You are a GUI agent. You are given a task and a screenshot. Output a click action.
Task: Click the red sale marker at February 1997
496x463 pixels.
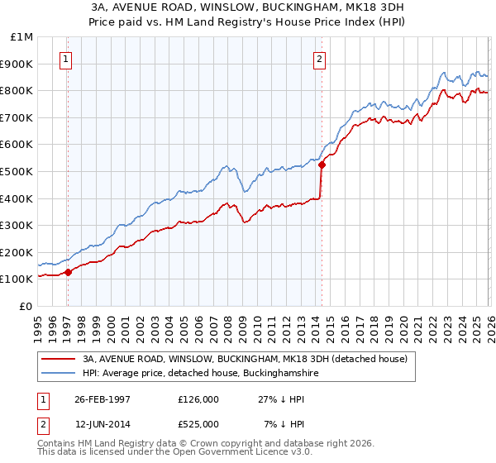point(69,272)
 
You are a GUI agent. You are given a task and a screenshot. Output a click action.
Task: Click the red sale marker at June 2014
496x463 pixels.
point(322,165)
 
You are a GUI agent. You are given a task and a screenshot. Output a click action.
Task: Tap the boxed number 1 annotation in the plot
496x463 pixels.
point(65,59)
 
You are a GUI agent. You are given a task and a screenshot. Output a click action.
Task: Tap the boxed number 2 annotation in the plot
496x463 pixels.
point(318,59)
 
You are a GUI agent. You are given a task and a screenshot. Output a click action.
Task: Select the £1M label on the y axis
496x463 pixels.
point(22,37)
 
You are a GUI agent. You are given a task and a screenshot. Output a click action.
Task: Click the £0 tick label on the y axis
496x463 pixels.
point(26,306)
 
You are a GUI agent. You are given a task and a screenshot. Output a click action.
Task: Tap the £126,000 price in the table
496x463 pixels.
point(198,399)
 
